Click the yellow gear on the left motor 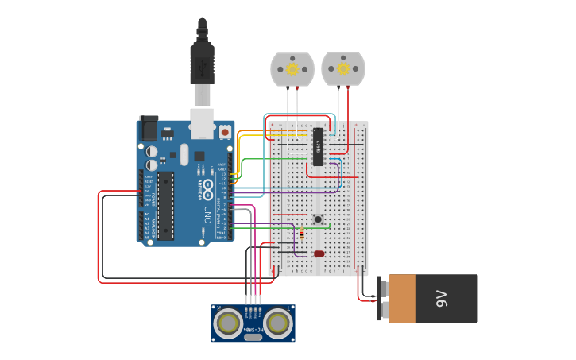point(292,69)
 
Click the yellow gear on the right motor point(343,68)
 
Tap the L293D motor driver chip point(318,146)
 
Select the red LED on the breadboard point(319,254)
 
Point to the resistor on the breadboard point(302,234)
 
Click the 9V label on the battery point(443,299)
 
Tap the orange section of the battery point(401,299)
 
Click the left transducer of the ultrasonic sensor point(229,323)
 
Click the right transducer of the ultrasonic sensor point(277,323)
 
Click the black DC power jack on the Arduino point(149,129)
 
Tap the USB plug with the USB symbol point(202,64)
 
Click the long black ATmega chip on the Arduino point(165,205)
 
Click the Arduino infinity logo point(208,189)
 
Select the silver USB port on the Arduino point(203,120)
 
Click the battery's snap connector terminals point(381,299)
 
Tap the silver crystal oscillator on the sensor point(253,337)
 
